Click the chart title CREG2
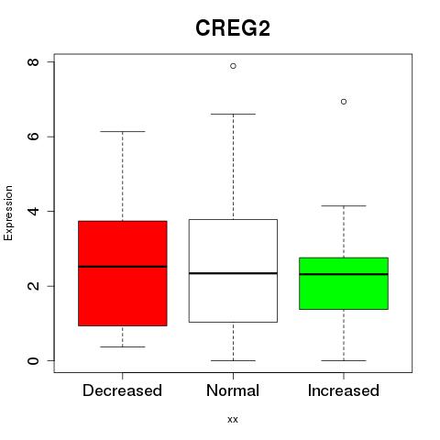(x=233, y=28)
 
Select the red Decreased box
(x=123, y=273)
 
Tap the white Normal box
(x=233, y=270)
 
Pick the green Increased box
(x=344, y=283)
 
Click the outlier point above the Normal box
(x=233, y=66)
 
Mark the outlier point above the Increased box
(x=344, y=102)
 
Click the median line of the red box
(x=123, y=267)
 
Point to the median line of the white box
(x=233, y=273)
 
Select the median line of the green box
(x=344, y=274)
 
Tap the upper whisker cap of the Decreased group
(x=123, y=131)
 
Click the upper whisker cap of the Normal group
(x=233, y=114)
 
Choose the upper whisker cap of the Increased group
(x=344, y=206)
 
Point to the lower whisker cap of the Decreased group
(x=123, y=346)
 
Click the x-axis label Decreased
(x=122, y=390)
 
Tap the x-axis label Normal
(x=233, y=390)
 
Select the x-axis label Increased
(x=344, y=390)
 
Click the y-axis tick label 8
(x=33, y=62)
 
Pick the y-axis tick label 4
(x=33, y=211)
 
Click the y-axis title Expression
(x=8, y=213)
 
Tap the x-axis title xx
(x=233, y=420)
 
